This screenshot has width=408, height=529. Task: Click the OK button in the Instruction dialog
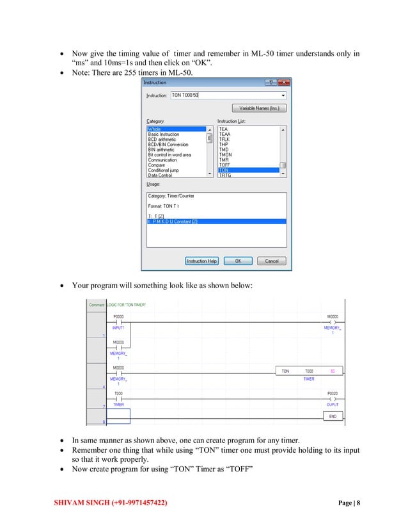click(x=238, y=261)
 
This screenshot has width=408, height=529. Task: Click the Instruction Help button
click(x=202, y=261)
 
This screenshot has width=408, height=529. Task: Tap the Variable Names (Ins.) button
click(x=258, y=108)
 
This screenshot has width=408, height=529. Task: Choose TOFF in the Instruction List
click(x=224, y=165)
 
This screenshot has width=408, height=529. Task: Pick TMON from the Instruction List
click(x=225, y=154)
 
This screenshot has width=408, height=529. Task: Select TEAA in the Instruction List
click(x=224, y=134)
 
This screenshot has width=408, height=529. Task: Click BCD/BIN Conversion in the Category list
click(x=168, y=144)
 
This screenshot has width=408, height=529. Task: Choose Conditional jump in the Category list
click(x=163, y=170)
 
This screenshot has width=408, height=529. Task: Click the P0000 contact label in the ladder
click(x=119, y=317)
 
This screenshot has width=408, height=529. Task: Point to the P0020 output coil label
click(x=333, y=393)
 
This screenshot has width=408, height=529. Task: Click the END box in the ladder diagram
click(x=333, y=416)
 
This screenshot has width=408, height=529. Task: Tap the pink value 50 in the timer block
click(x=333, y=371)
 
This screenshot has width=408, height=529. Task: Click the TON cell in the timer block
click(x=285, y=371)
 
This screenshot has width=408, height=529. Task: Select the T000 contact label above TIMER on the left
click(x=118, y=393)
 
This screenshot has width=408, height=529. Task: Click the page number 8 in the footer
click(x=358, y=503)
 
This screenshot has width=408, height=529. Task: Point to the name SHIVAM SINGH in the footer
click(x=81, y=503)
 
